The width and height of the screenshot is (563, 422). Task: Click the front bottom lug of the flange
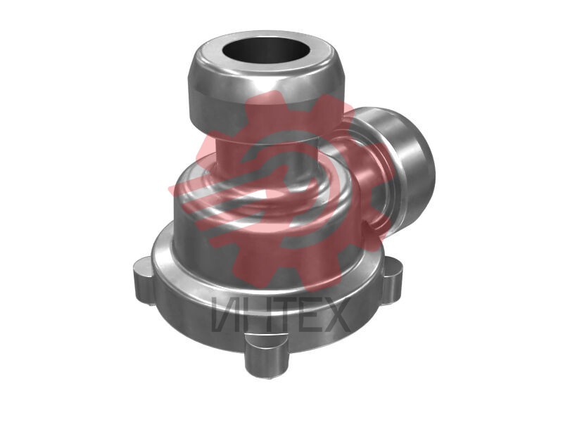[267, 355]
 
